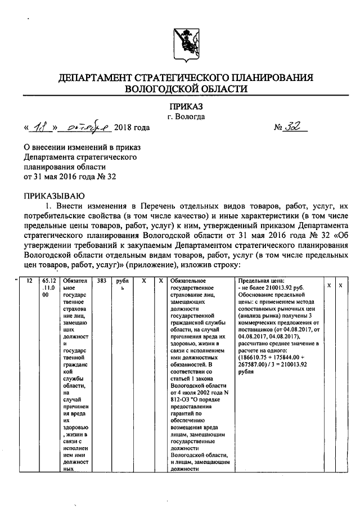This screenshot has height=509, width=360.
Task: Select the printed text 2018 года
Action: pyautogui.click(x=132, y=128)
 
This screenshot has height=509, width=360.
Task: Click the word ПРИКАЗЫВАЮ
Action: pyautogui.click(x=53, y=195)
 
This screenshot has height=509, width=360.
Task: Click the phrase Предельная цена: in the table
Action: pyautogui.click(x=261, y=280)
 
